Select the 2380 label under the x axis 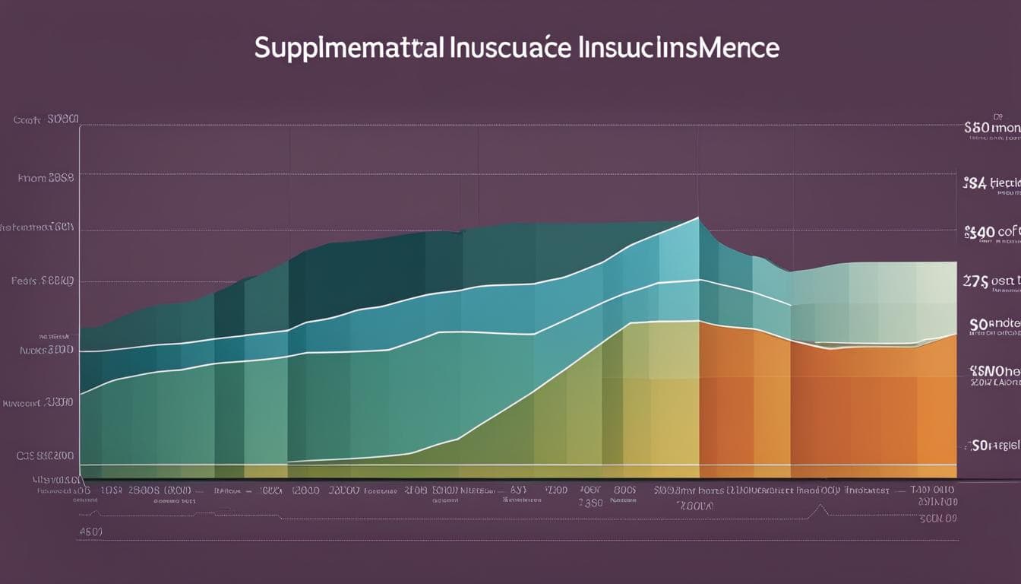point(590,503)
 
